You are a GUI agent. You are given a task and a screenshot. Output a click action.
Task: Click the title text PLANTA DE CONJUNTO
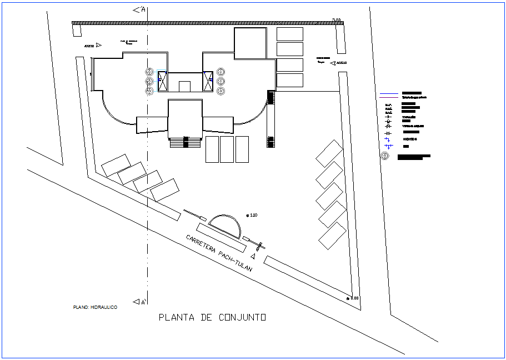212,318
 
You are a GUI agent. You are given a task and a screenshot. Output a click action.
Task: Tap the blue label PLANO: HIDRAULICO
95,307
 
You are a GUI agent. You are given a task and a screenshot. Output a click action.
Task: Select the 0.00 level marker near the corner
353,298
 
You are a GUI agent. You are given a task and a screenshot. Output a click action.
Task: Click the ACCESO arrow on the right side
338,63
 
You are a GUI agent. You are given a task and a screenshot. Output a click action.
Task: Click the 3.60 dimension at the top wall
336,21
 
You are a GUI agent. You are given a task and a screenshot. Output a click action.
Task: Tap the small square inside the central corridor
185,86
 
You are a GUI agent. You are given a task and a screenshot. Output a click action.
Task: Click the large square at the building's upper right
251,43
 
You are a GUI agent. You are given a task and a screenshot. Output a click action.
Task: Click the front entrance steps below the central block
186,142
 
